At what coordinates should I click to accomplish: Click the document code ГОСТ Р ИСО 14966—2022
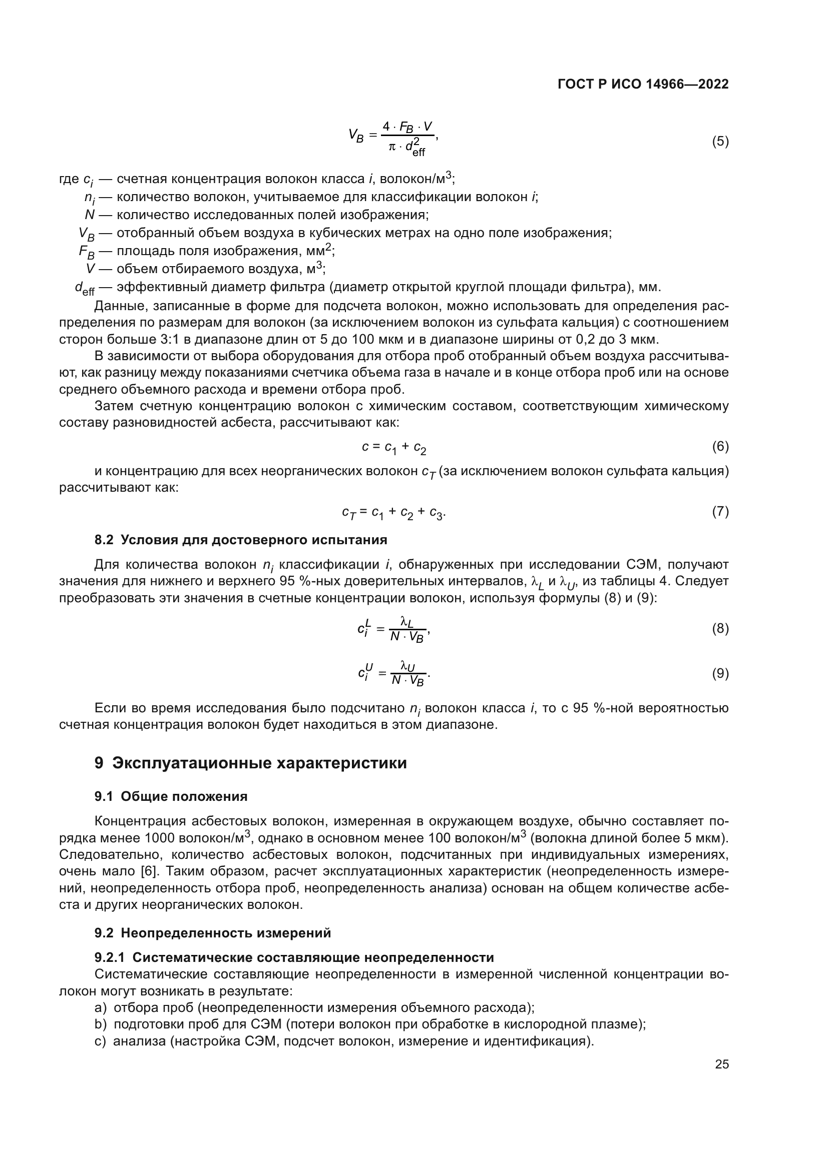tap(643, 84)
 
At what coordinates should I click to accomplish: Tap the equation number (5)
tap(720, 141)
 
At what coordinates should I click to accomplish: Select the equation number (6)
tap(720, 446)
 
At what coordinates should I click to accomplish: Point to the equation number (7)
tap(720, 511)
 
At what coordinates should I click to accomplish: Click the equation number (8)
tap(720, 628)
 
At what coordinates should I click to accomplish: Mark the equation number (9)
tap(720, 674)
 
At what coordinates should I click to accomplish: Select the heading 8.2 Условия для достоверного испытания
tap(241, 540)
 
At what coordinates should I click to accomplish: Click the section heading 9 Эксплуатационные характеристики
tap(250, 763)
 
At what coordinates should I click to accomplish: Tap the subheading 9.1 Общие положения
tap(171, 796)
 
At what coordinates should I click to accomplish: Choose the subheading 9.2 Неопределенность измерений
tap(213, 932)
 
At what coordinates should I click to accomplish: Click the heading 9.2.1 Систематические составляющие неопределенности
tap(294, 957)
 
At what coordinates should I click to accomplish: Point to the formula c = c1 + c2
tap(393, 447)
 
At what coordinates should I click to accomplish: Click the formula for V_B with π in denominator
tap(393, 138)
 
